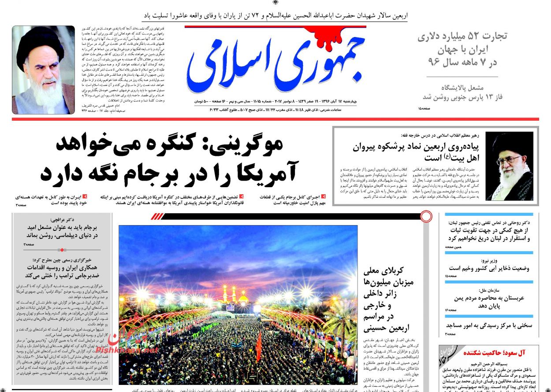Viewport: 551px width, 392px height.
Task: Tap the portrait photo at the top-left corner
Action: (x=43, y=70)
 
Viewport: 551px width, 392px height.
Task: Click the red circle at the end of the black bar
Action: (x=426, y=216)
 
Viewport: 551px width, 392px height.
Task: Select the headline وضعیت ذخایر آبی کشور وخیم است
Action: (x=489, y=268)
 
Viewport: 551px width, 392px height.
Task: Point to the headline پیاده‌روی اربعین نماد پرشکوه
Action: (x=419, y=148)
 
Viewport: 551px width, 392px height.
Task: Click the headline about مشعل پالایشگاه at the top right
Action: (x=463, y=92)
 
